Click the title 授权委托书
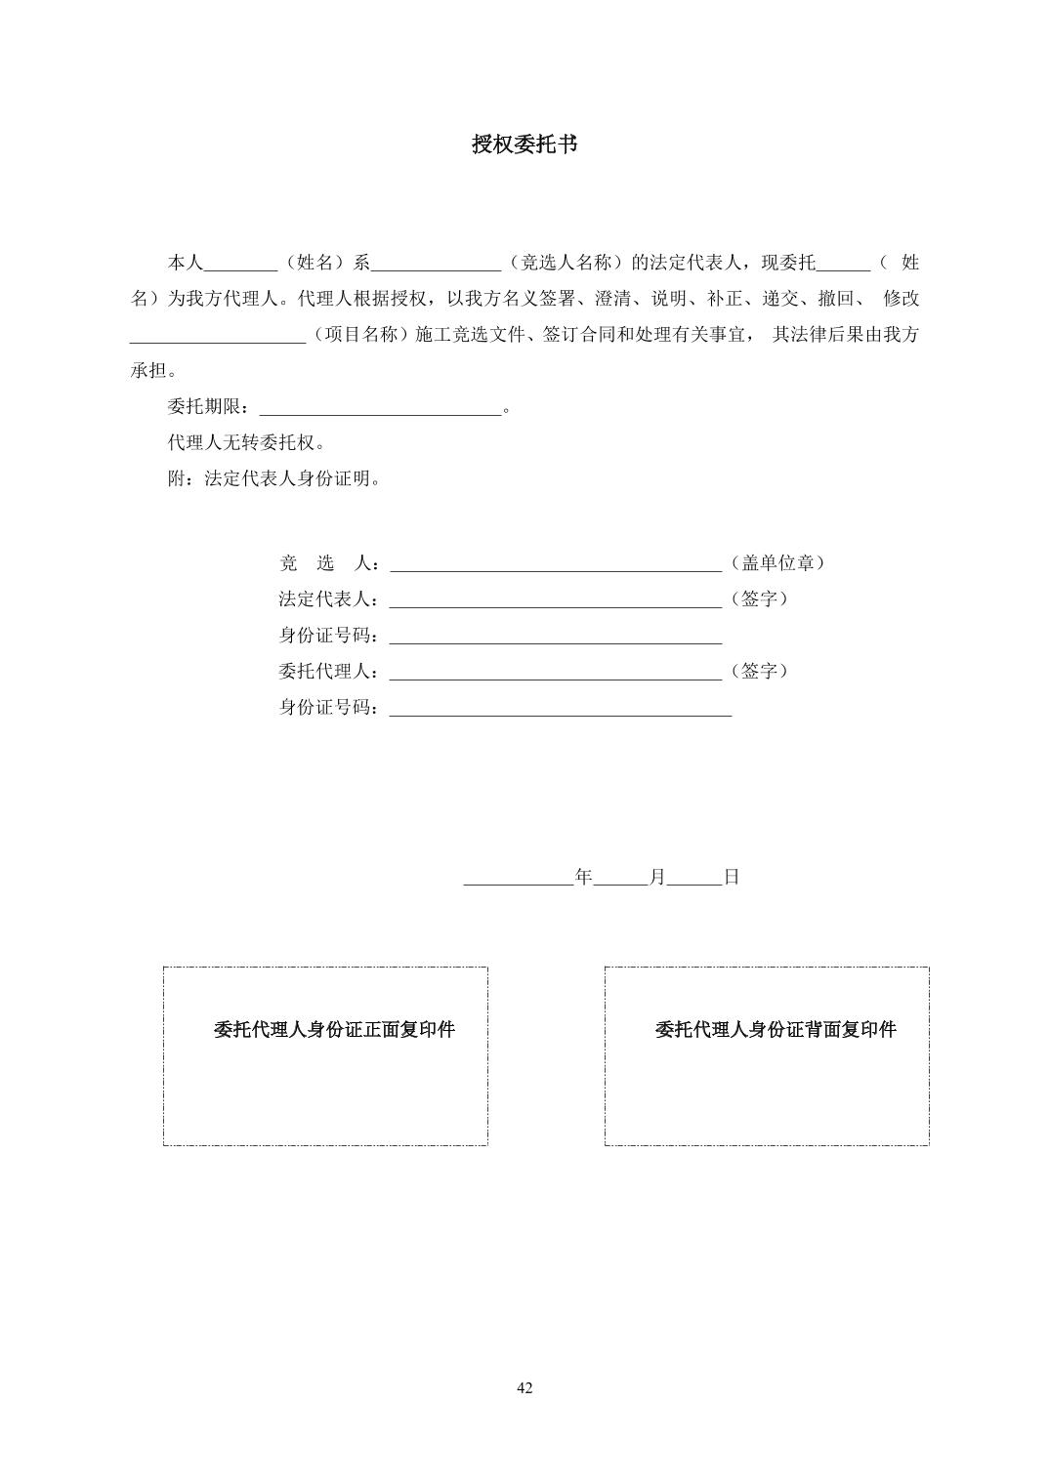coord(524,144)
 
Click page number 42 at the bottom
coord(524,1388)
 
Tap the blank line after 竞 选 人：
coord(555,565)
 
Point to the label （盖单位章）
coord(778,563)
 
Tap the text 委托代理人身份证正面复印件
coord(334,1030)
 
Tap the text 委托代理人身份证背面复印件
coord(776,1030)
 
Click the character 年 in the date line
coord(584,877)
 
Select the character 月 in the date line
coord(657,877)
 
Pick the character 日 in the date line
coord(732,877)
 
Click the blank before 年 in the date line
coord(519,880)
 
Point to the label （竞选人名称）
coord(566,263)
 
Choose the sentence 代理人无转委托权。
coord(246,443)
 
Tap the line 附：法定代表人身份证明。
coord(274,479)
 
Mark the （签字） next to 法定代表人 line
coord(759,599)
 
